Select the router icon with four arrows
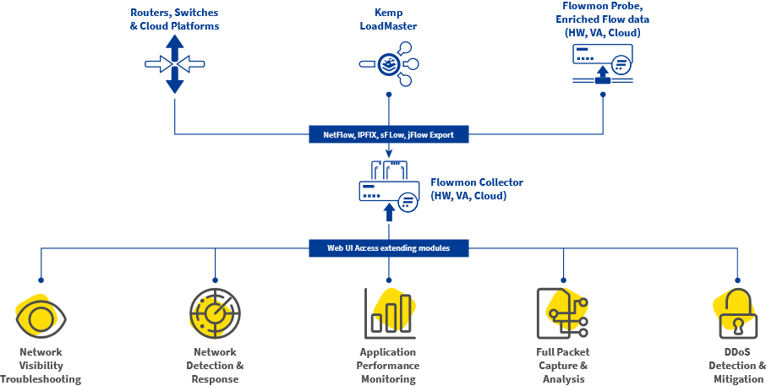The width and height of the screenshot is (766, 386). coord(175,64)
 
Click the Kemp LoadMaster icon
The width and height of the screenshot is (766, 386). coord(389,64)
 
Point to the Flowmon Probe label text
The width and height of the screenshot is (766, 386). coord(603,19)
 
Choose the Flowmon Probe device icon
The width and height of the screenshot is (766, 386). coord(603,64)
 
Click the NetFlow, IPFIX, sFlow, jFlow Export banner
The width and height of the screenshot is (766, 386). coord(388,133)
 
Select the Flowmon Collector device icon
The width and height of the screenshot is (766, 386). coord(388,188)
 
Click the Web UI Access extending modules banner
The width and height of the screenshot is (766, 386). coord(388,248)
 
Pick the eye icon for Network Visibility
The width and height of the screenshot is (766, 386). coord(40,317)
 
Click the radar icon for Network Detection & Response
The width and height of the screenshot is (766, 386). coord(215,314)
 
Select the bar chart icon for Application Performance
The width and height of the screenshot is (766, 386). coord(389,313)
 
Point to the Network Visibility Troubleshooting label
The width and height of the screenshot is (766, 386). coord(40,366)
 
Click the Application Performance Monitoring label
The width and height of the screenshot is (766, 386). coord(388,366)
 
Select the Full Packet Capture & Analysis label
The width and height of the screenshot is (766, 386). coord(563,366)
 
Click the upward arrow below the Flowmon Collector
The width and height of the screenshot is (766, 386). coord(389,211)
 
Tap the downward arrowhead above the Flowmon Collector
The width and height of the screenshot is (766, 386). coord(388,153)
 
